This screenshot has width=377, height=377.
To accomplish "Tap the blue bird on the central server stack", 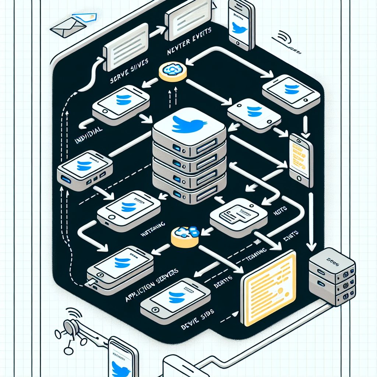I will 187,124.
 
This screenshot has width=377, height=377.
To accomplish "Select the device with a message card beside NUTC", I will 239,217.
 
